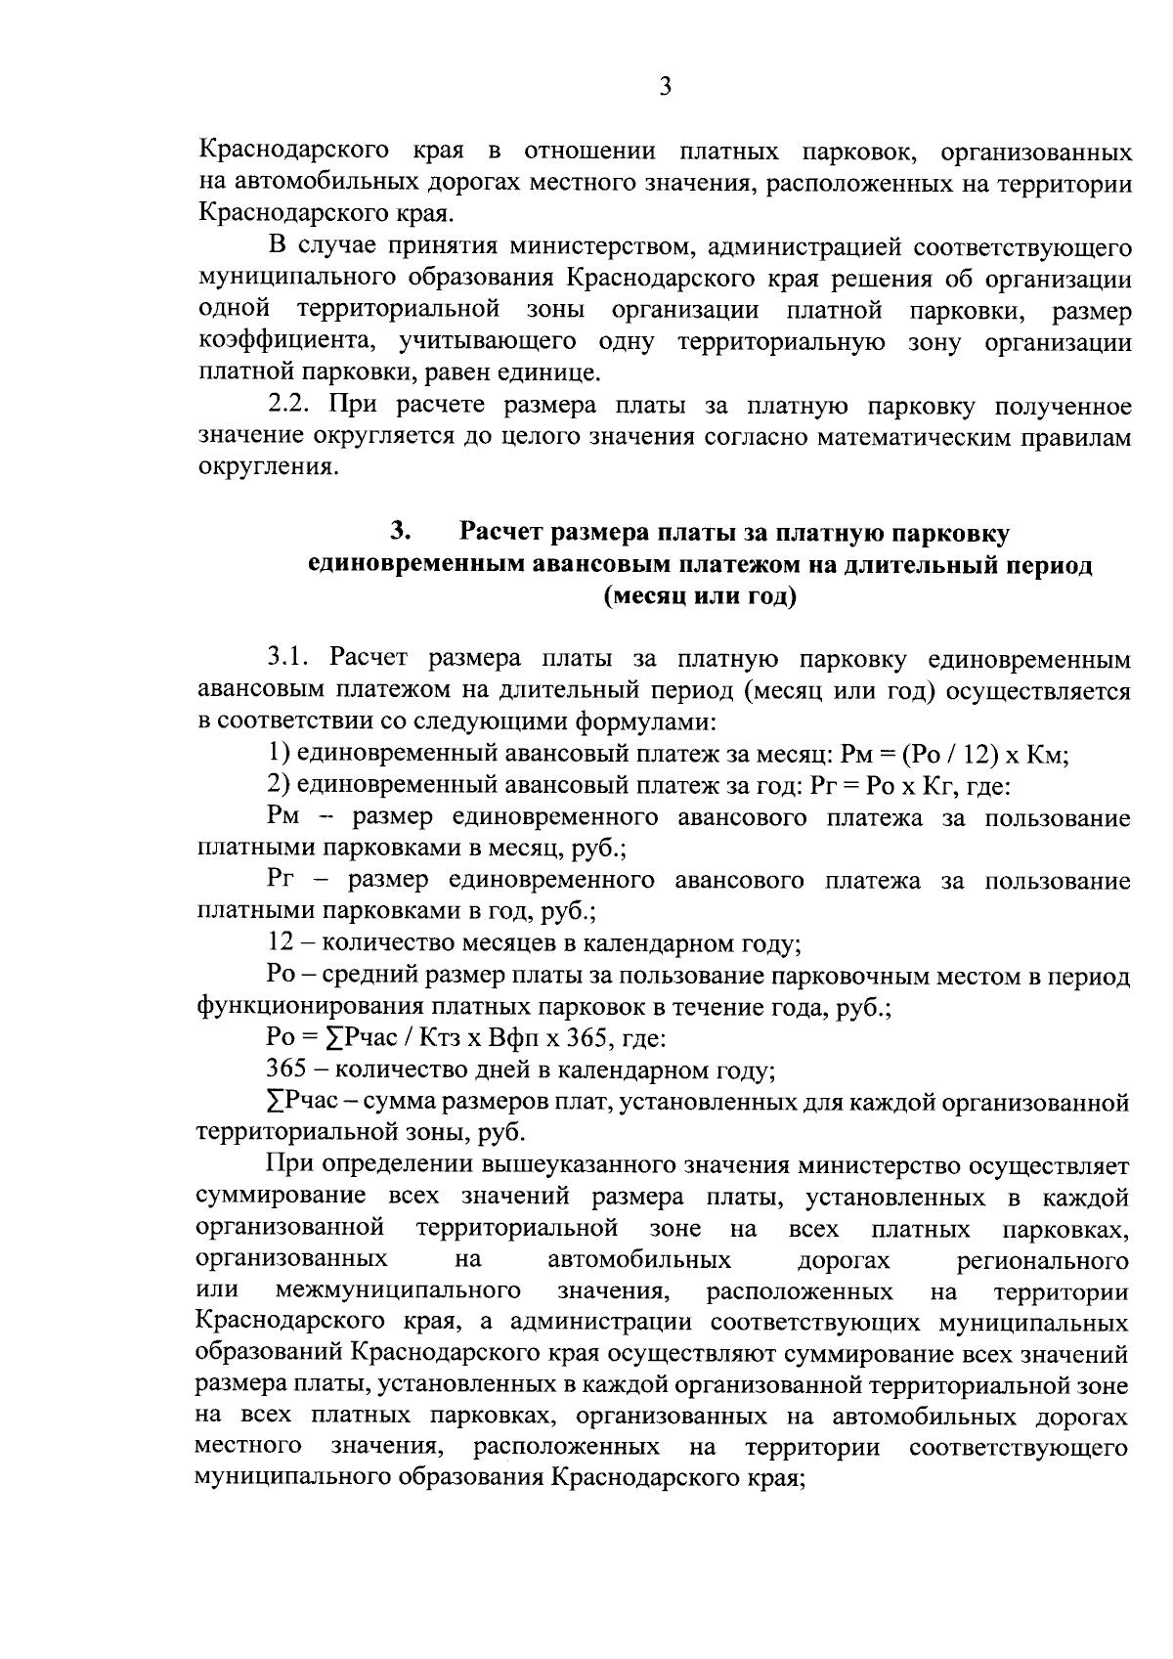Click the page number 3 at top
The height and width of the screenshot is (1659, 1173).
pyautogui.click(x=665, y=87)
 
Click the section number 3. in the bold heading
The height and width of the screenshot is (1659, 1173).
pyautogui.click(x=399, y=532)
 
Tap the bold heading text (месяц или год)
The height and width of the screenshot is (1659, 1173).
pyautogui.click(x=700, y=595)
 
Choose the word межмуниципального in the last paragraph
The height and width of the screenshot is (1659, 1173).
pyautogui.click(x=397, y=1292)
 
